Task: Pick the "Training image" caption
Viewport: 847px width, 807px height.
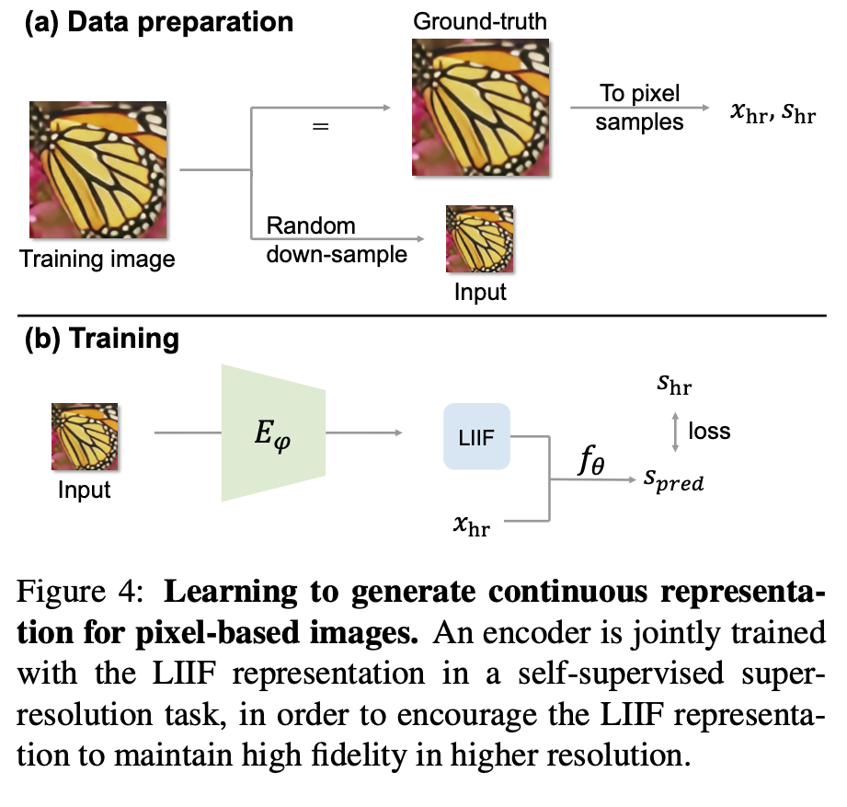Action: (97, 259)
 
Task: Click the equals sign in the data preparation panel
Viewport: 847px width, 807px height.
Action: (321, 126)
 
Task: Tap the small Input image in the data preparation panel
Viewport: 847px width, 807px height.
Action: (479, 238)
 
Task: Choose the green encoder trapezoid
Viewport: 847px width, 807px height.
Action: (274, 432)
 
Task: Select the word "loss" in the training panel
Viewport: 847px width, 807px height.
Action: (709, 430)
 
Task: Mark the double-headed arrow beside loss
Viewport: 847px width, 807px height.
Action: (676, 431)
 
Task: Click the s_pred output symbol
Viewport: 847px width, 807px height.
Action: (673, 481)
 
